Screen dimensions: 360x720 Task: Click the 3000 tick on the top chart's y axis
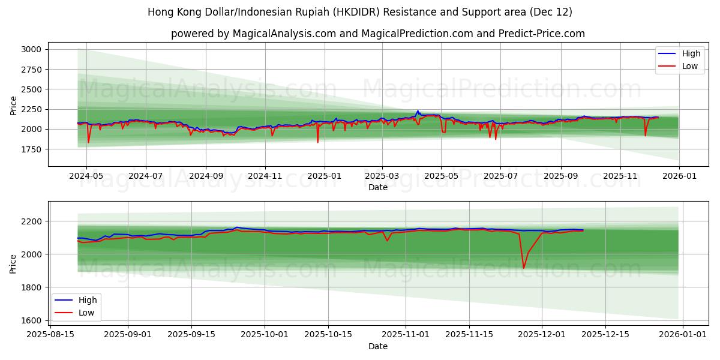click(32, 49)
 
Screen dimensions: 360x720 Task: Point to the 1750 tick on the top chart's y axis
click(32, 149)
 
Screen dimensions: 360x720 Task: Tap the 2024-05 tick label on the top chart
click(86, 176)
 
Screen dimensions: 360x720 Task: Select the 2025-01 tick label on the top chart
click(325, 176)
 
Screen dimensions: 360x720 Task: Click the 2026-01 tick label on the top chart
click(679, 176)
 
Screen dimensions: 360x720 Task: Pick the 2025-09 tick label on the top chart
click(561, 176)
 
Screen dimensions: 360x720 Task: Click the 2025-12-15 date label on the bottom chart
click(611, 335)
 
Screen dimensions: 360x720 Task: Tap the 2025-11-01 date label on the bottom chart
click(406, 335)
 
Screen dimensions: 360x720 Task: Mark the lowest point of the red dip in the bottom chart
click(523, 268)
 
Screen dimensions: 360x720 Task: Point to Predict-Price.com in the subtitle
click(541, 34)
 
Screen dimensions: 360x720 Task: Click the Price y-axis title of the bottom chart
click(13, 263)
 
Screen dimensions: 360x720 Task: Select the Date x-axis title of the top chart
click(378, 187)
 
